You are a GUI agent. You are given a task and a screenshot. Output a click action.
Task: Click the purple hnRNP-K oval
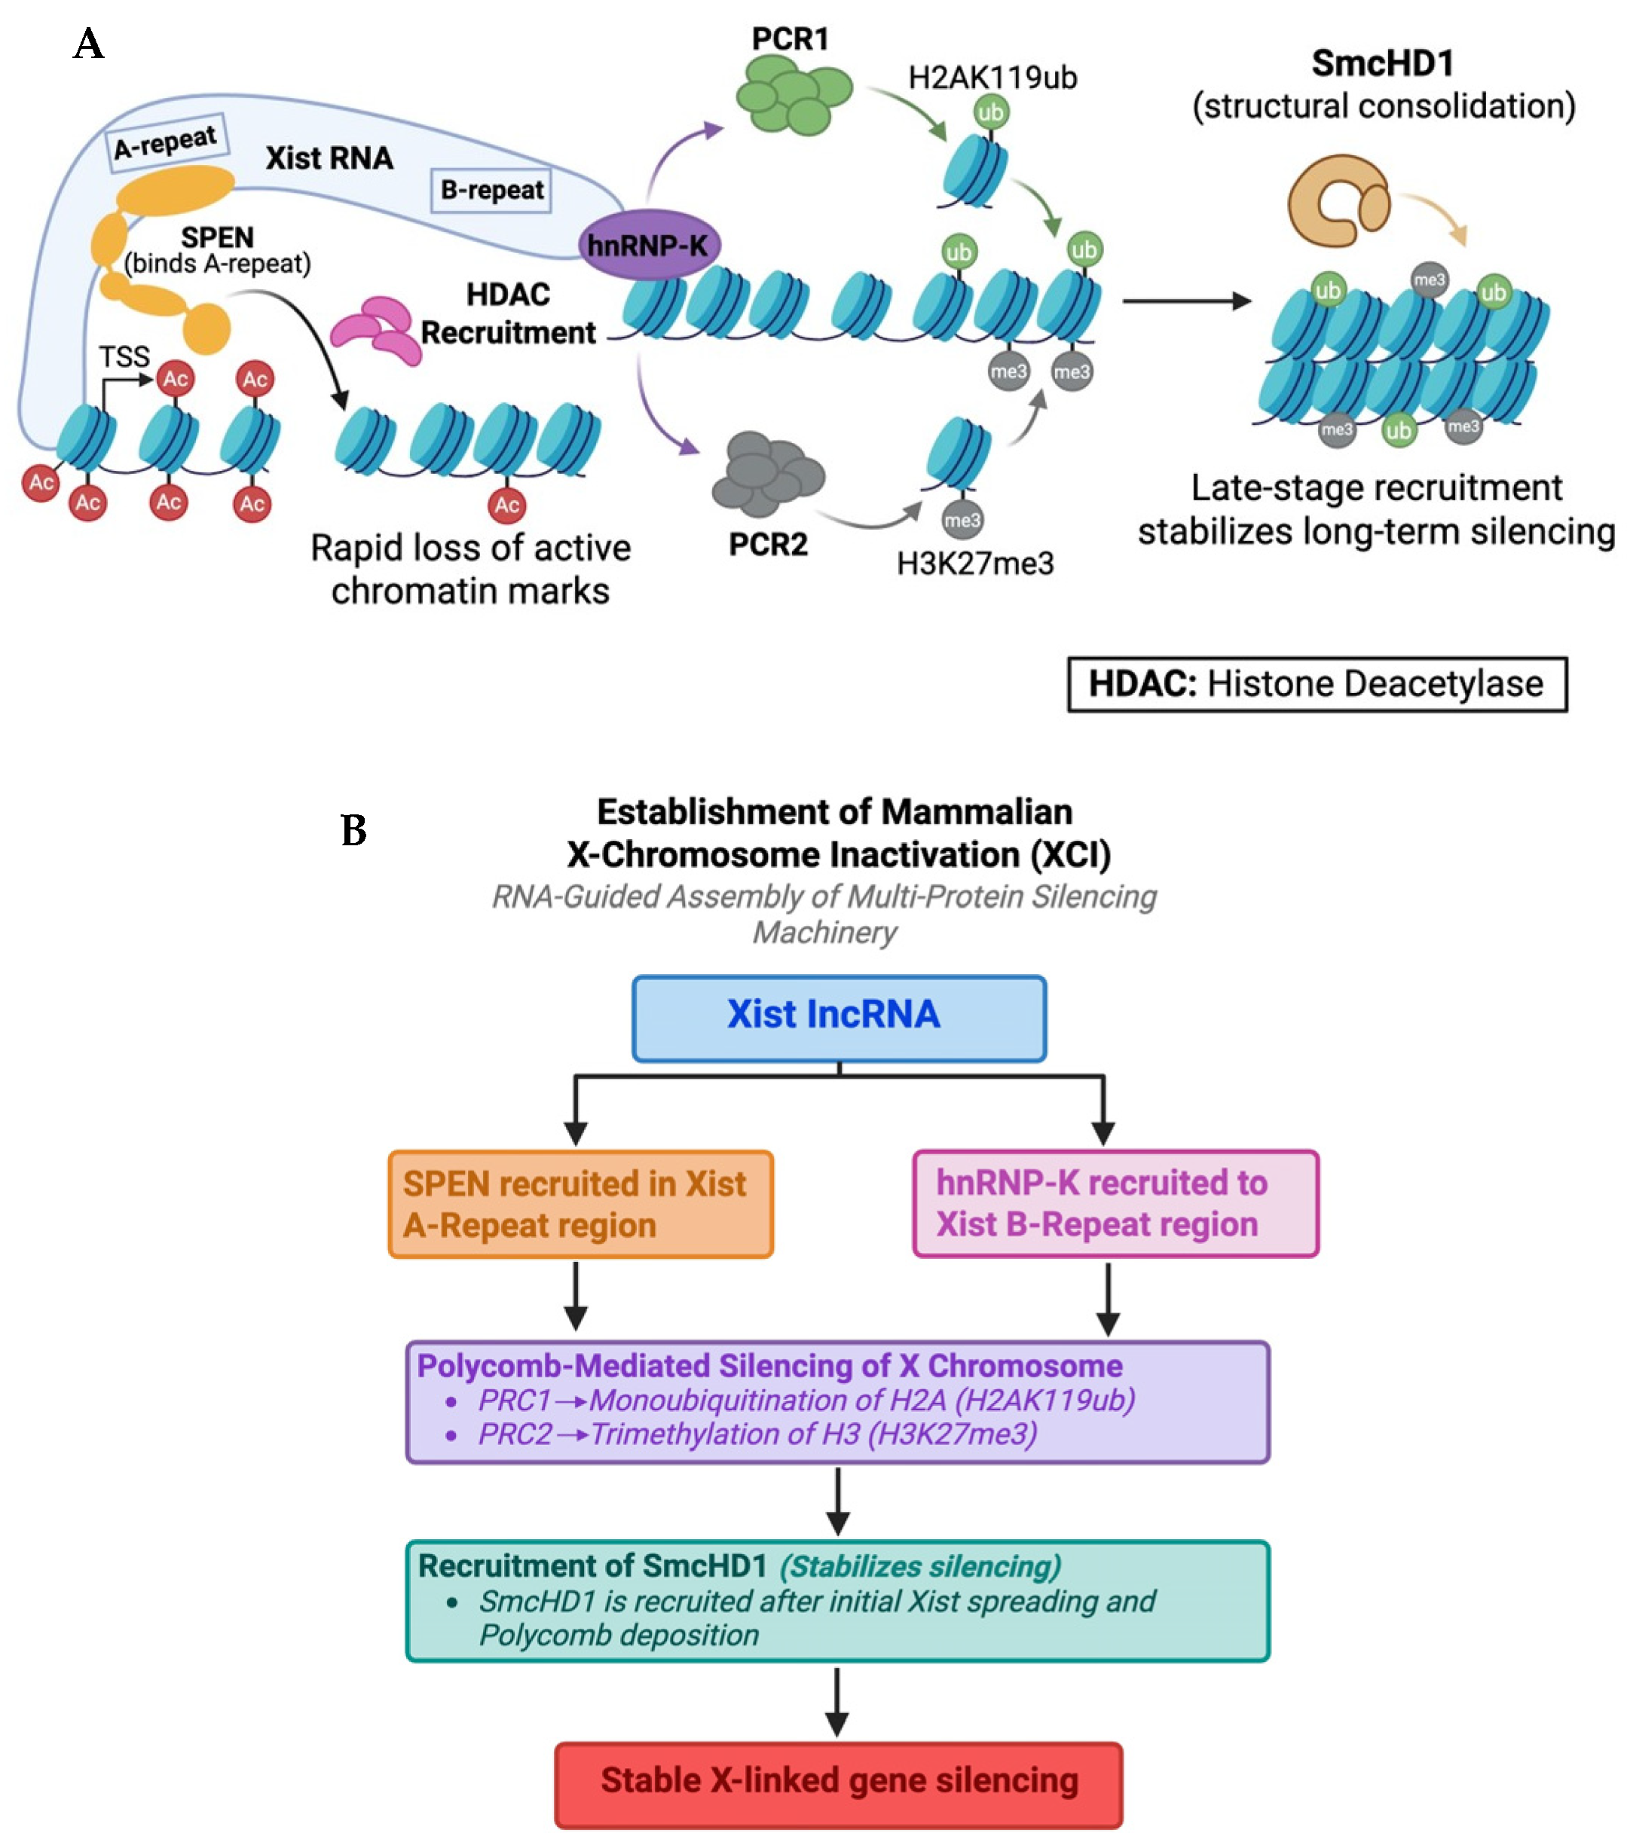648,244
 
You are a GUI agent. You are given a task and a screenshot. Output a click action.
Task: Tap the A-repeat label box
166,142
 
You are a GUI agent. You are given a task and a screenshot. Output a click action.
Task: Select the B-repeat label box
491,190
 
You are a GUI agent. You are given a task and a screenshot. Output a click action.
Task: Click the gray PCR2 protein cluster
768,474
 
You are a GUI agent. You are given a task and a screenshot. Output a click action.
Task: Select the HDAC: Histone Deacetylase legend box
1316,684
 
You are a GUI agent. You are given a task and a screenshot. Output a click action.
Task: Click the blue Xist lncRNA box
839,1018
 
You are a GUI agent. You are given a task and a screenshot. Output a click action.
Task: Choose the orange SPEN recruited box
580,1205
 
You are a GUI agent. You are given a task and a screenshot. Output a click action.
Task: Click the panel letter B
353,830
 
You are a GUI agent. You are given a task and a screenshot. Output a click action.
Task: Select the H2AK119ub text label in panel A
992,78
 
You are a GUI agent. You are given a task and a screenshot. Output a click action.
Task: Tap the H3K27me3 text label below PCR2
975,564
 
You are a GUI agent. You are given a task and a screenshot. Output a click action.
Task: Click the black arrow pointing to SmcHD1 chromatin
1187,301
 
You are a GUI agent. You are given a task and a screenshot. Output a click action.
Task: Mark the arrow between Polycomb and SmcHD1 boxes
839,1501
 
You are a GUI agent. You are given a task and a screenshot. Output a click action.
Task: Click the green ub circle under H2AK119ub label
990,113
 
